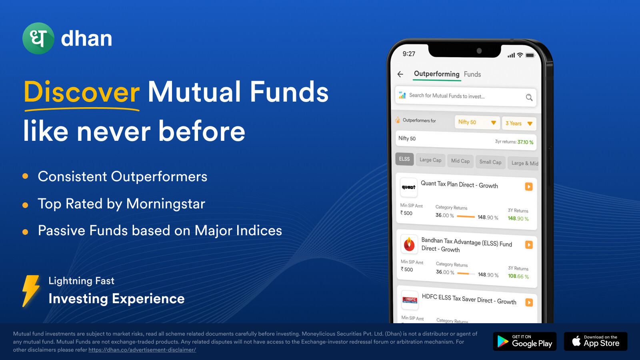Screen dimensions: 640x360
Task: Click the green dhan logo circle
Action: pos(38,38)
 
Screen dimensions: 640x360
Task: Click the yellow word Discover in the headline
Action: pos(82,92)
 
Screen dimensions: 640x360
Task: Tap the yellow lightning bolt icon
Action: pos(30,291)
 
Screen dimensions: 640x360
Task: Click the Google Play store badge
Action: pos(524,342)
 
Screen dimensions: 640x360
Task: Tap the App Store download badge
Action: pos(596,342)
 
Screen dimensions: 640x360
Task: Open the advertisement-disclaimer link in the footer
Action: pos(142,350)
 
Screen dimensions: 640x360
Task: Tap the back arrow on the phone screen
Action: pos(400,74)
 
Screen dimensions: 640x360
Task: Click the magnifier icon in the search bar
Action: pos(529,98)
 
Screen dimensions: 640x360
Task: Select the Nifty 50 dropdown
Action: pos(477,122)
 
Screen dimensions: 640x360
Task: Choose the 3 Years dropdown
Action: pos(519,124)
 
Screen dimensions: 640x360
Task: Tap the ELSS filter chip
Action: pos(404,159)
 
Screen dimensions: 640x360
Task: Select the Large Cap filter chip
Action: pos(430,160)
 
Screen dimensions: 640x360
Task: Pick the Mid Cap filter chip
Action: pos(460,161)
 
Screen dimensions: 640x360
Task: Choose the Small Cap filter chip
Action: pos(490,162)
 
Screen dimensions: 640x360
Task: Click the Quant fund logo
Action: pos(408,187)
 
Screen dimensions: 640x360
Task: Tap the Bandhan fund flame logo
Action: pos(409,244)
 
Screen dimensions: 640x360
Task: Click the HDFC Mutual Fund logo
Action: pos(410,300)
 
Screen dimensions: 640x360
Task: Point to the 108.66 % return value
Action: pos(518,276)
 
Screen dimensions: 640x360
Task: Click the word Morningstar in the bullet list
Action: pos(166,204)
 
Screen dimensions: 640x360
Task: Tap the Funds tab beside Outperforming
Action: pos(472,74)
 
